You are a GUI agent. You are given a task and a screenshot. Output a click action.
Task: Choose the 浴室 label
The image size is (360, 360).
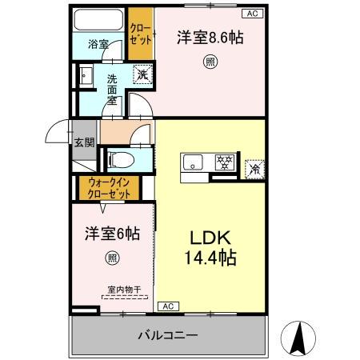point(98,45)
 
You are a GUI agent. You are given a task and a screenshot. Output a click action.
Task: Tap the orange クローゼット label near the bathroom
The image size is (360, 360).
point(140,34)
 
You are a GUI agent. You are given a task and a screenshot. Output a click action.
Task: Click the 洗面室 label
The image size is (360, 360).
point(113,90)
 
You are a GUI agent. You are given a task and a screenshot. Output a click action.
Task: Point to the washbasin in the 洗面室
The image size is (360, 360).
point(83,76)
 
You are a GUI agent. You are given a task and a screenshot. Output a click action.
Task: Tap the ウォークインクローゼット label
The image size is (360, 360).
point(107,189)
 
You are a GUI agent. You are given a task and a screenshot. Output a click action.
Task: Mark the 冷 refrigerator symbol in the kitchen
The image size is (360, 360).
point(255,168)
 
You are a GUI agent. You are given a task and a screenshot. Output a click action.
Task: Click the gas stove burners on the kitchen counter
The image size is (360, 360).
point(224,162)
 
